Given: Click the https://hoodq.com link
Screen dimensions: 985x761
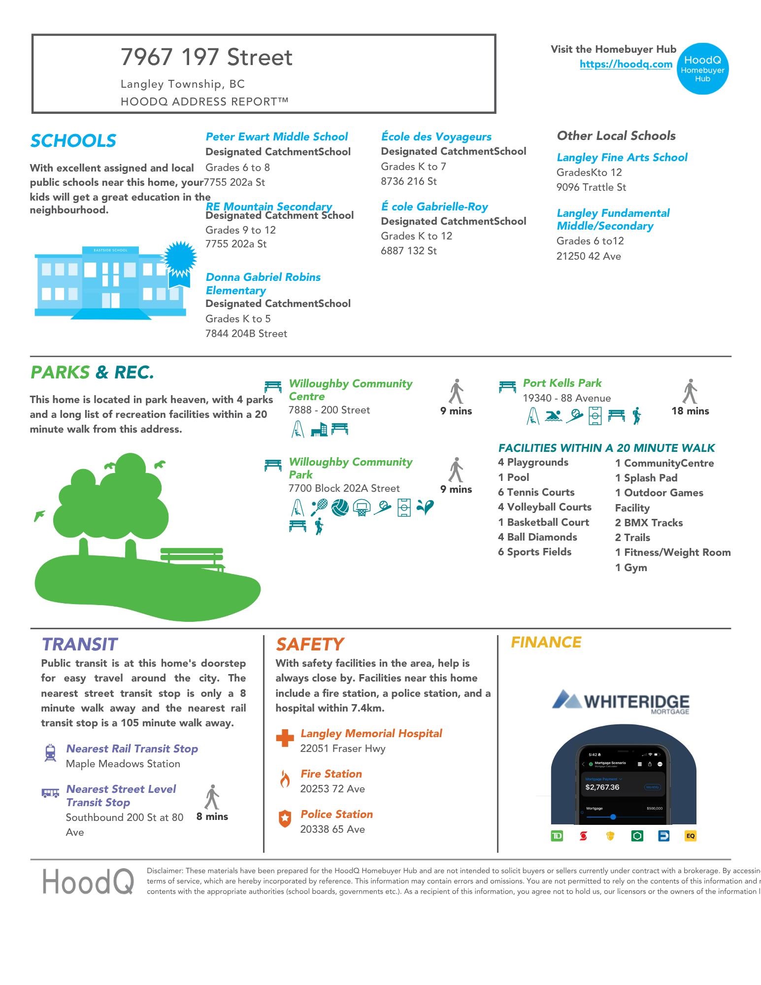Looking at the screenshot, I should [626, 64].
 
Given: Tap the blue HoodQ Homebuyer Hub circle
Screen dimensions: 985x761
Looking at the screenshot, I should [702, 68].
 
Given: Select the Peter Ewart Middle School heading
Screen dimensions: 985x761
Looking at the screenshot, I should [276, 136].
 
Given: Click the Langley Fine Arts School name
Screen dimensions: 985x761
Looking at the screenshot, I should [622, 157].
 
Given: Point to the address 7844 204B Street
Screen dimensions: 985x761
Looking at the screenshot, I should [246, 334].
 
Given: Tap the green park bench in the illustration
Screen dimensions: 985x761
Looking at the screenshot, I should [192, 559].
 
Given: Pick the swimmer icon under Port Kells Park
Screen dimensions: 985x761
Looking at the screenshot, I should [554, 416].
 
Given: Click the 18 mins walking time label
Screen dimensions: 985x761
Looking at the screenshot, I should [690, 411].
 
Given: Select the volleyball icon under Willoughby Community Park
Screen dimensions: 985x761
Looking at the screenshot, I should [340, 507].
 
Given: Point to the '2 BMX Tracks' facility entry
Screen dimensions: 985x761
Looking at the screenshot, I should [649, 523].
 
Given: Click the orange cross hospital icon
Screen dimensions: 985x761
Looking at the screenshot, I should [285, 738].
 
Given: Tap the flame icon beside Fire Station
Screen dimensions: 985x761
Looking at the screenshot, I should [285, 780].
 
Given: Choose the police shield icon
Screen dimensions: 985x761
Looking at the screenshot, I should [285, 818].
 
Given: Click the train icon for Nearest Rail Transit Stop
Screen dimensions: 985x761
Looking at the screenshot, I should [50, 753].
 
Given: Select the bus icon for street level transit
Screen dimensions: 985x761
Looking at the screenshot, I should [50, 793].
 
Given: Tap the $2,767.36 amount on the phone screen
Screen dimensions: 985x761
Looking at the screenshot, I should [602, 787].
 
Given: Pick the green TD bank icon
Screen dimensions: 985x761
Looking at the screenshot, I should [557, 836].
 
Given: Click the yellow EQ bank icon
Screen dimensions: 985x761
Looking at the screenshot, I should [690, 836].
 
